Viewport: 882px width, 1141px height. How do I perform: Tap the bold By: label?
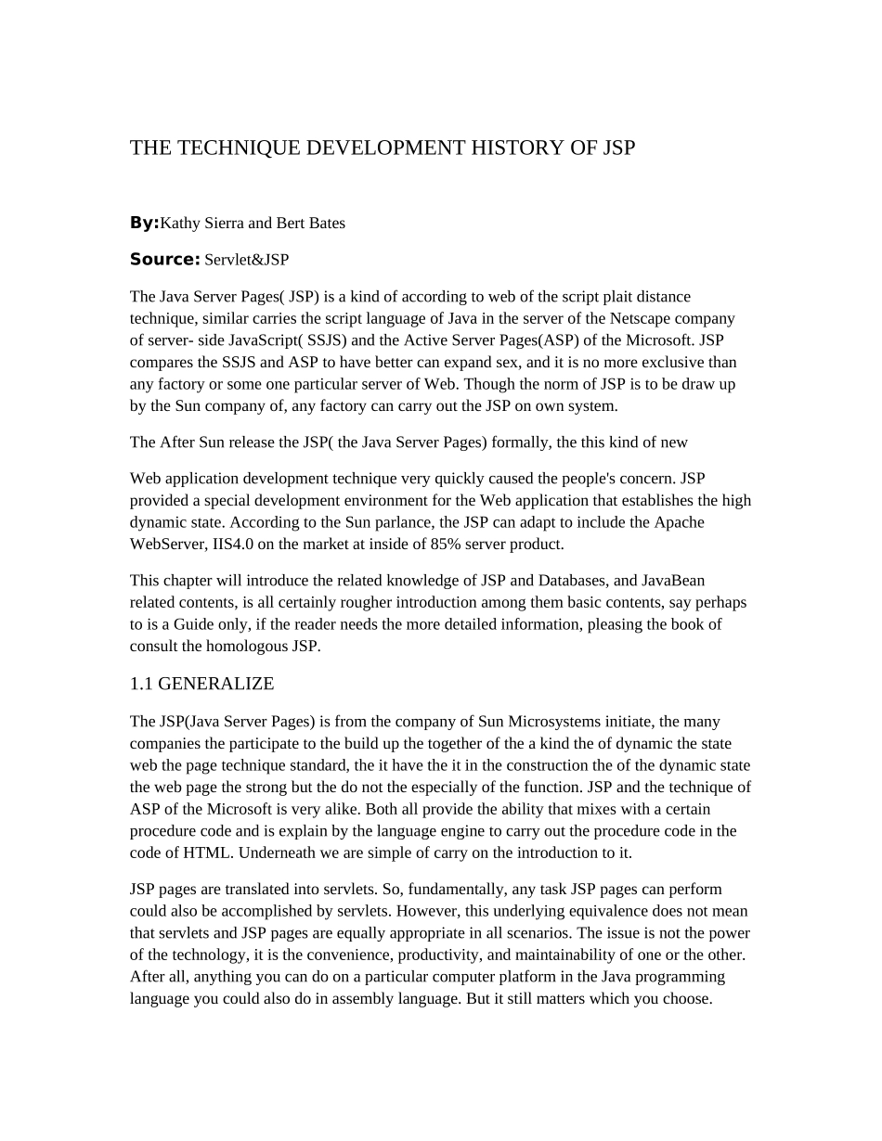click(144, 223)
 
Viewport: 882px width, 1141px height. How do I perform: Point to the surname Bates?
click(325, 224)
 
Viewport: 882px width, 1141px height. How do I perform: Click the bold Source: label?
click(164, 260)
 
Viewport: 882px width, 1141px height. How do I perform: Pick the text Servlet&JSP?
click(247, 261)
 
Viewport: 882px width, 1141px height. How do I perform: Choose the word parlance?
click(393, 522)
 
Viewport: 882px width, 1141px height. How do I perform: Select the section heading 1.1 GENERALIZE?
click(201, 685)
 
